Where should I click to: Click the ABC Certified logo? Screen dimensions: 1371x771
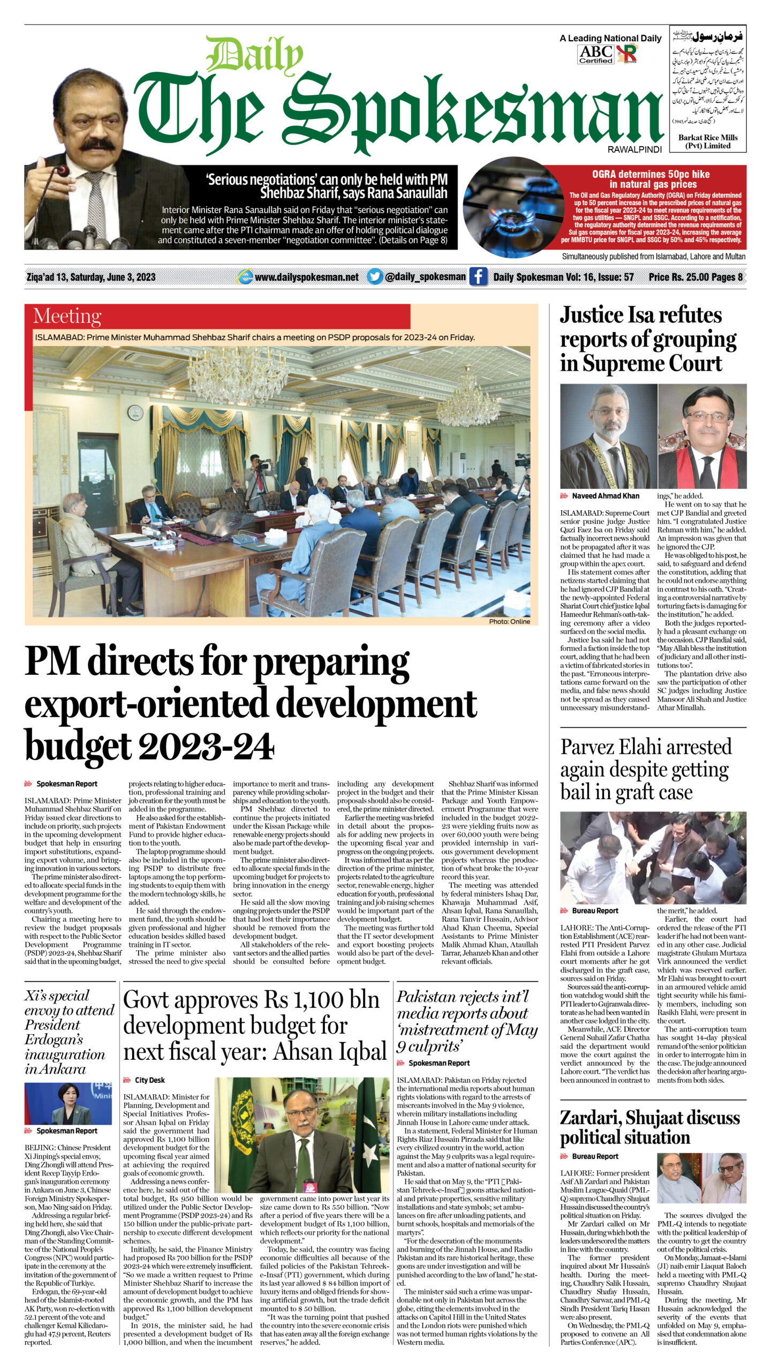point(596,54)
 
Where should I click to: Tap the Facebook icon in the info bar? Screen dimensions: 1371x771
point(478,277)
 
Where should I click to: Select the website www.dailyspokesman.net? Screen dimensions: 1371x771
point(306,277)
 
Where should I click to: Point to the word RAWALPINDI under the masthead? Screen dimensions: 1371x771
point(634,149)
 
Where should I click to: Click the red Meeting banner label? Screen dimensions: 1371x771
point(67,316)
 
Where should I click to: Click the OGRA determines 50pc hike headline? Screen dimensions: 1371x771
point(651,179)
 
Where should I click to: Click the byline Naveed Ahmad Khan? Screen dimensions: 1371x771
point(605,496)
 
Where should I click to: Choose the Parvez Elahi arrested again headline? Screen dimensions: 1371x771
point(645,769)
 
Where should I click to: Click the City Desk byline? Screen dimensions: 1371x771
point(149,1080)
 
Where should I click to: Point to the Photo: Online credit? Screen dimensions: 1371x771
point(509,621)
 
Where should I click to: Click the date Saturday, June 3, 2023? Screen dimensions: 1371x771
point(91,277)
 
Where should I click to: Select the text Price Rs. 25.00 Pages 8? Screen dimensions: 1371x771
point(696,277)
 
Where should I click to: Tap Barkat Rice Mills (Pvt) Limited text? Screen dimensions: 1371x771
point(707,141)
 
